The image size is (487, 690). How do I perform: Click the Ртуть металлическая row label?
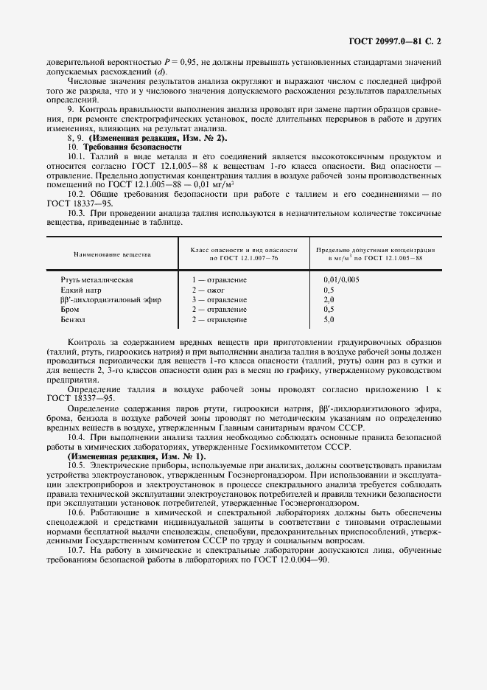pos(97,280)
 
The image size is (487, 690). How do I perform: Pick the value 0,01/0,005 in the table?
pos(341,280)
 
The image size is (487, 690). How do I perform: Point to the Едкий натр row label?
pos(83,290)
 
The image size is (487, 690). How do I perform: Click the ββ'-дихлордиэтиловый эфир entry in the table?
pos(110,300)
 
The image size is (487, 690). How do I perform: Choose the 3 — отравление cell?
pos(220,300)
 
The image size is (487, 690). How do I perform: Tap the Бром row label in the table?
pos(71,310)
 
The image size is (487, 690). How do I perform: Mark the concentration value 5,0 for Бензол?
pos(329,320)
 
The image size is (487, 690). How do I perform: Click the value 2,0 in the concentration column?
pos(329,300)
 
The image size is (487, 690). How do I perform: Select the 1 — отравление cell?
pos(220,280)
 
